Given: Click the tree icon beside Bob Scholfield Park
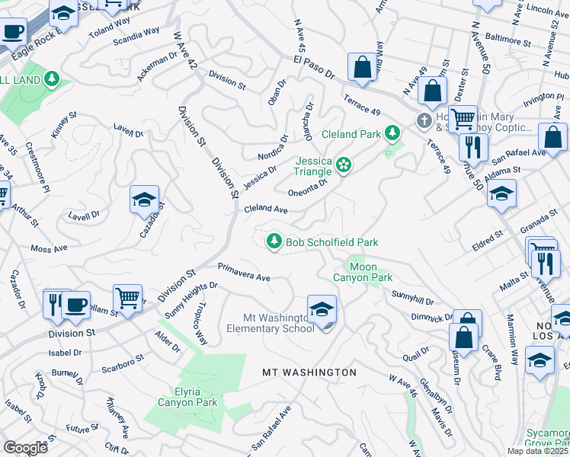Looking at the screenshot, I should click(274, 241).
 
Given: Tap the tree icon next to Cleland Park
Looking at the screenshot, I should click(392, 133).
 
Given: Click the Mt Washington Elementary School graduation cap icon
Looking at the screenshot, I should click(322, 309).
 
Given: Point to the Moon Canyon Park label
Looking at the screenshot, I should click(363, 272).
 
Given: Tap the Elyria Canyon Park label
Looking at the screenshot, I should click(187, 397).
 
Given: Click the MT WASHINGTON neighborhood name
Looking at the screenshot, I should click(309, 372).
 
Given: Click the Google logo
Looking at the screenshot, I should click(24, 448).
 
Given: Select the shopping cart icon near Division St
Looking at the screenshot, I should click(127, 297).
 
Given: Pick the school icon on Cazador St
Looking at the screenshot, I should click(144, 200).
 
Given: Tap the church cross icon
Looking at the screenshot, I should click(424, 120).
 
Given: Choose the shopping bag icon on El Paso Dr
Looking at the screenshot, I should click(363, 66).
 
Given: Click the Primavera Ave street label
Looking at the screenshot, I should click(244, 272).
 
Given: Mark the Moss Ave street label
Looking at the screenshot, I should click(49, 248).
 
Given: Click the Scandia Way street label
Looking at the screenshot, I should click(137, 37).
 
